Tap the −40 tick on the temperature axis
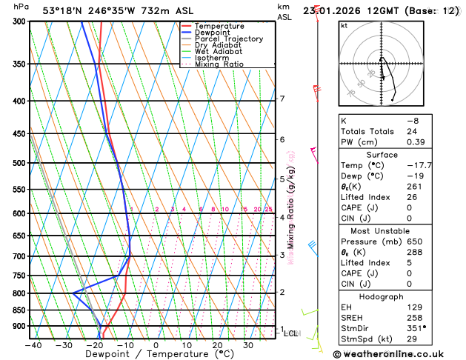(33, 345)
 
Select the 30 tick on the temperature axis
(248, 345)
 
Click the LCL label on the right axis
(291, 334)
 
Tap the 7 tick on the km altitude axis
(282, 99)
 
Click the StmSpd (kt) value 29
(411, 339)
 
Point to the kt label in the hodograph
(344, 25)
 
